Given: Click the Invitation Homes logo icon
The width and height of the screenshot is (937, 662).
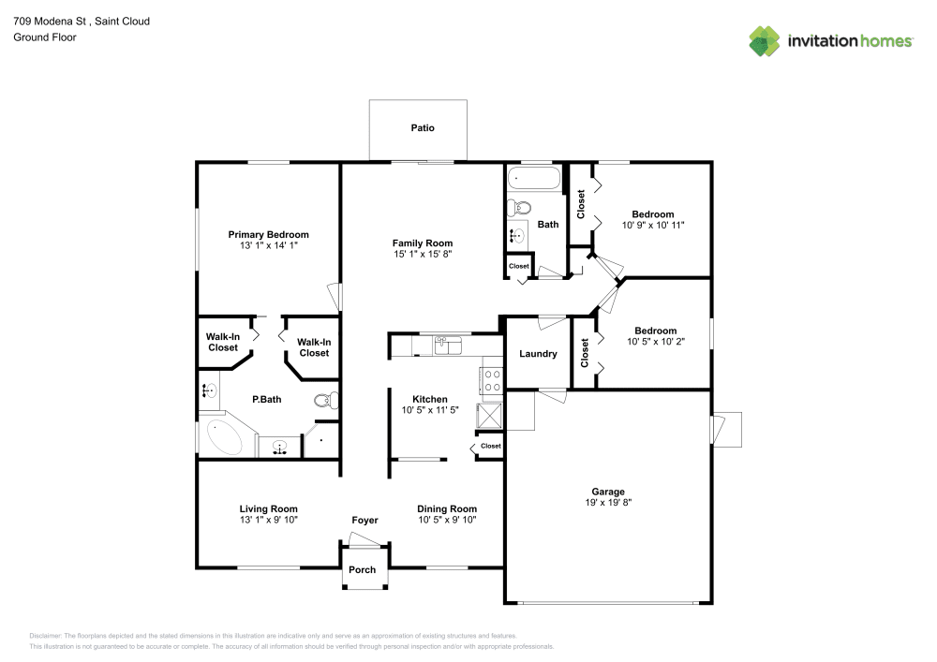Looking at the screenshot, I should tap(765, 40).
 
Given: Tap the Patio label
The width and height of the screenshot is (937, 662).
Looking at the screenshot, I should tap(423, 128).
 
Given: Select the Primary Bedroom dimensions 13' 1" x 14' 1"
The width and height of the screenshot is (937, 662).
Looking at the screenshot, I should tap(268, 245).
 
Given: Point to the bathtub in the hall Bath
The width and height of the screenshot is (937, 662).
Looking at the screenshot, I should tap(533, 179).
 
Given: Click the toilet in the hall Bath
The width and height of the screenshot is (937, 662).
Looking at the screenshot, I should tap(518, 207).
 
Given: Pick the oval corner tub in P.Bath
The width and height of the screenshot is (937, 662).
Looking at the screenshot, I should tap(225, 438).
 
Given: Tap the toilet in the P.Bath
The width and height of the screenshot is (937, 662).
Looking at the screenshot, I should tap(323, 401).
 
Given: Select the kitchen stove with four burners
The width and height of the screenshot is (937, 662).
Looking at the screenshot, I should tap(492, 378).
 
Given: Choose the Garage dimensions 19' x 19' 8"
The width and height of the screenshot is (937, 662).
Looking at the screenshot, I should tap(607, 503).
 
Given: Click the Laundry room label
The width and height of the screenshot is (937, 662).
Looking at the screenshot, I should tap(538, 354).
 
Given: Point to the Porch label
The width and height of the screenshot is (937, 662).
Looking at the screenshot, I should tap(363, 569).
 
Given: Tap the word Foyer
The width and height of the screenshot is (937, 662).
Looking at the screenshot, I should tap(364, 521).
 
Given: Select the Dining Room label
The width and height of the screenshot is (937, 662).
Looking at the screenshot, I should tap(447, 509).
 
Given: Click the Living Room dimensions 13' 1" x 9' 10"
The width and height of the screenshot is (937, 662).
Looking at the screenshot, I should tap(268, 520).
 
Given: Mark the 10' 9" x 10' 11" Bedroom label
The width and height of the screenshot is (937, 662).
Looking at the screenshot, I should tap(652, 214).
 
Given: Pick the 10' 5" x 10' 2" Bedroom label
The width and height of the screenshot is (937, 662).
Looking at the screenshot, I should tap(655, 331).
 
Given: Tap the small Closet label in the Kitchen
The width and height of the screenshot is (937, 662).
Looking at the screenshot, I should tap(491, 447).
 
